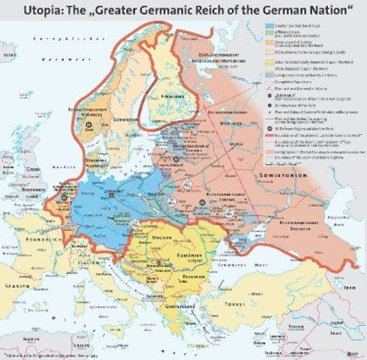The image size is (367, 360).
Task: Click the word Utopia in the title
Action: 29,11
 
